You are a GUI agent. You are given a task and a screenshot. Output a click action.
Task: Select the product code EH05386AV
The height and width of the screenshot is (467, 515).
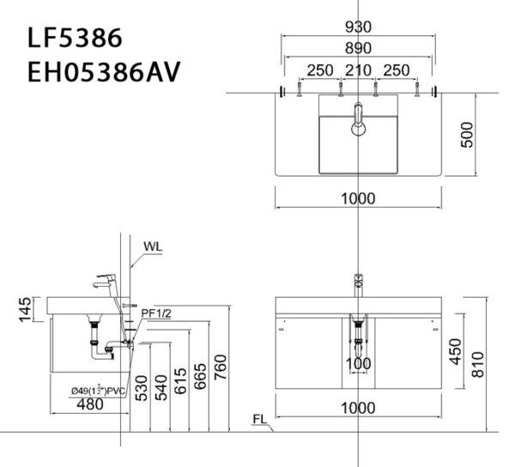coord(103,72)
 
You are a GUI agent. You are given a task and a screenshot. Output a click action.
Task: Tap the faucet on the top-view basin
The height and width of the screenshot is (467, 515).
coord(359,118)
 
